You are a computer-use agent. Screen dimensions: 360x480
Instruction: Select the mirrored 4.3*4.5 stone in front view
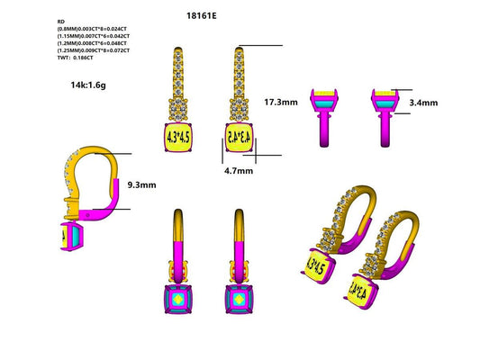click(x=239, y=137)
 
